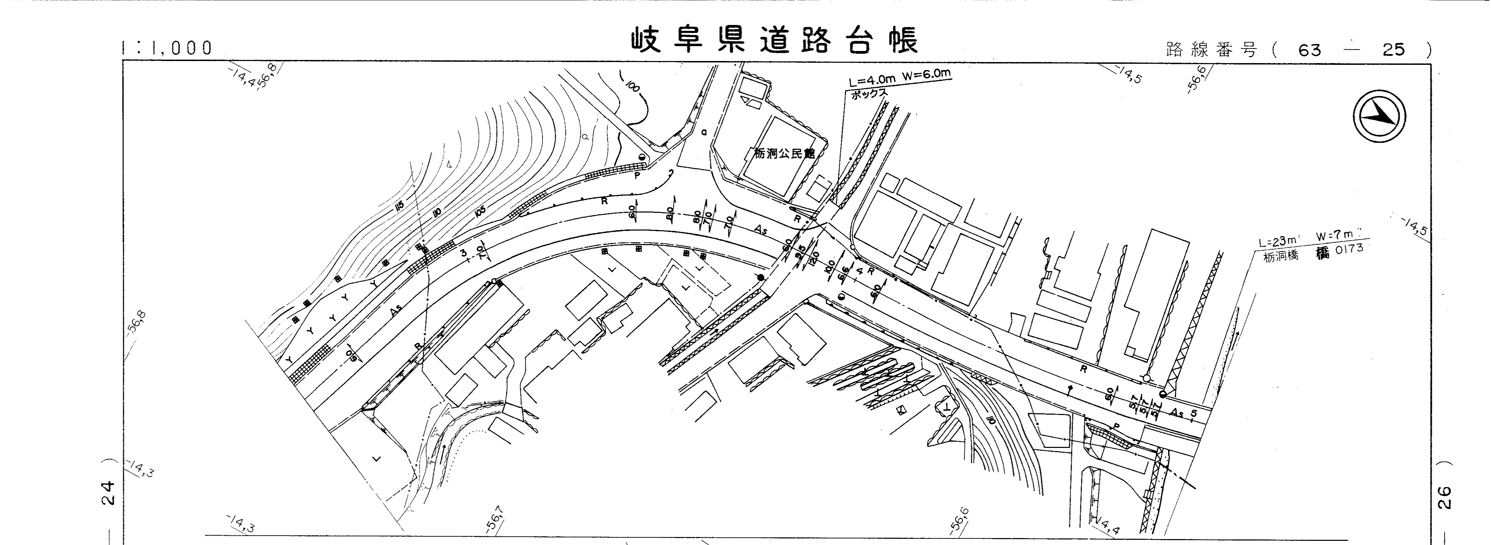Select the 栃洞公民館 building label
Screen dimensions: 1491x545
coord(784,154)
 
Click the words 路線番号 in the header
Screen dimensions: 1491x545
coord(1211,50)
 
